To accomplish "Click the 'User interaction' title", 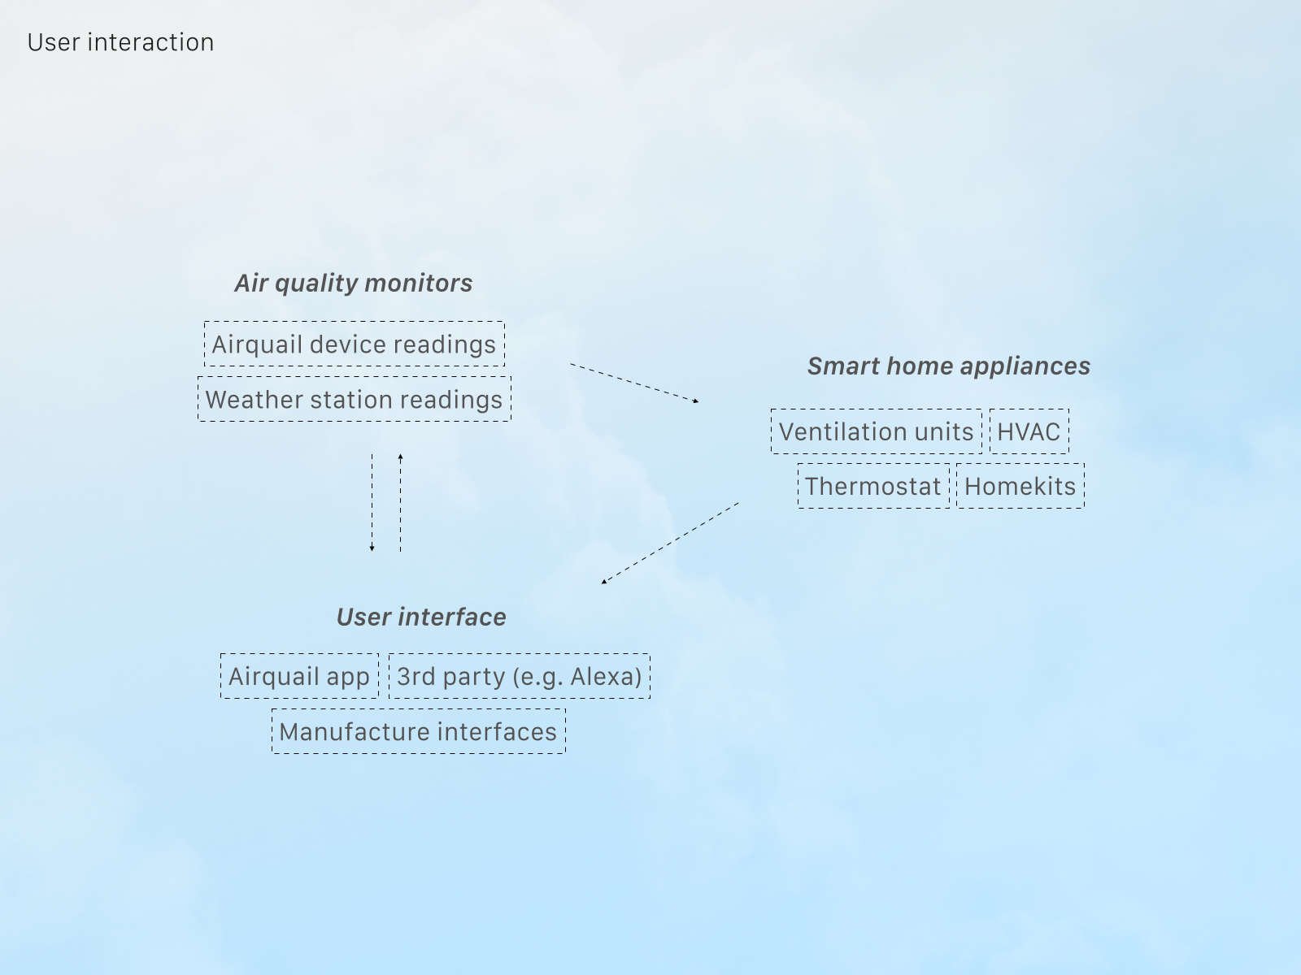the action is click(x=120, y=42).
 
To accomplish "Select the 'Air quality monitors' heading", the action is click(x=353, y=283).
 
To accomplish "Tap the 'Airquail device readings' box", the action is click(x=355, y=344).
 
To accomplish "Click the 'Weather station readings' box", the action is click(x=355, y=399).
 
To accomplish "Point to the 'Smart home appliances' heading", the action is click(x=949, y=366).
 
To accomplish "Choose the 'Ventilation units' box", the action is click(x=876, y=431).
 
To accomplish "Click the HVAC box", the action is click(x=1029, y=431).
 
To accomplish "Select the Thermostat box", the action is click(x=873, y=486).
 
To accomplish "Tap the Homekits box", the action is click(x=1020, y=486).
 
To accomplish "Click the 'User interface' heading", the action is click(x=421, y=617).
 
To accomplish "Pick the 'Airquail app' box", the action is click(x=299, y=676).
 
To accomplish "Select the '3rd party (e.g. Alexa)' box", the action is click(x=520, y=676).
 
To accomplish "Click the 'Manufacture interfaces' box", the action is click(x=419, y=731).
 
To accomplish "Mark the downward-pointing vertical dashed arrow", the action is click(x=372, y=503).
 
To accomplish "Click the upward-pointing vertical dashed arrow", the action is click(x=401, y=503).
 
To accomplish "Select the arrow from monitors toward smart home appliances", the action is click(x=635, y=383).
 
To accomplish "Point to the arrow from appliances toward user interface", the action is click(x=670, y=544).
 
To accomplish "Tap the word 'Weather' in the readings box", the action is click(x=255, y=400).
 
